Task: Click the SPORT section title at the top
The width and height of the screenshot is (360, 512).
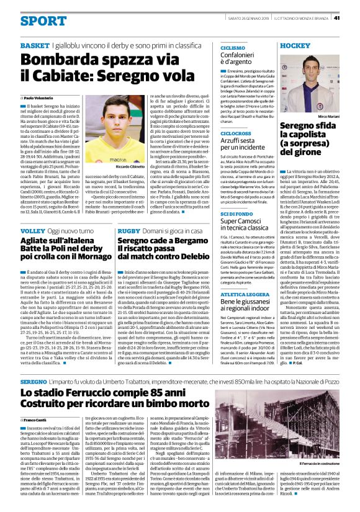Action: point(42,20)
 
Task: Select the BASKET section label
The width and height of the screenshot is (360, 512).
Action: point(34,47)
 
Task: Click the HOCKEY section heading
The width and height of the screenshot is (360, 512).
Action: point(295,46)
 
